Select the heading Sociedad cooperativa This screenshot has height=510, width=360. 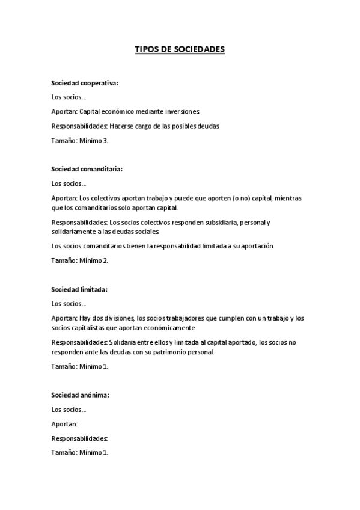pos(85,83)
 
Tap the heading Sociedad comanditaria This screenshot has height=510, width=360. pos(87,169)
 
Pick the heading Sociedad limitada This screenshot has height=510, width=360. pos(79,289)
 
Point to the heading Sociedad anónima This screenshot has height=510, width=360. pos(80,395)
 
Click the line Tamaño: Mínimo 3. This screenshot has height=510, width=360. pos(80,140)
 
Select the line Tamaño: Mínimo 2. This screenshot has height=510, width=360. pos(80,260)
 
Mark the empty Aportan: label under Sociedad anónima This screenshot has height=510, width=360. pos(65,423)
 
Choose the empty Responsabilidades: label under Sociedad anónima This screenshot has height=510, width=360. pos(79,438)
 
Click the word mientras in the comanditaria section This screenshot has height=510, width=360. pos(289,198)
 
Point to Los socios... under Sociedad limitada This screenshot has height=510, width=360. pos(69,304)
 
